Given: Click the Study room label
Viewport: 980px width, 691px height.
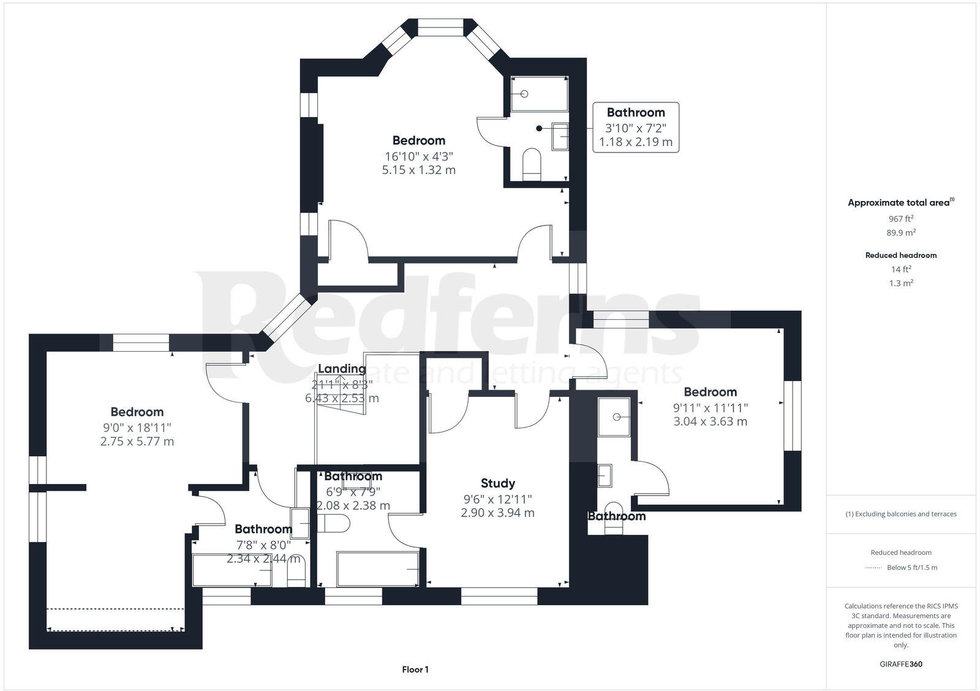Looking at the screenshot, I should click(x=497, y=483).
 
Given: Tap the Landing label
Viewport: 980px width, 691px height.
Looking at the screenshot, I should click(x=342, y=369).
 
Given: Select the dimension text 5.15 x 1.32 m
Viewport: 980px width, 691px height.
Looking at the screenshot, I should click(x=418, y=170).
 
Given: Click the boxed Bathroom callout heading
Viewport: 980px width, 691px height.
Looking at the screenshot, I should click(x=635, y=113).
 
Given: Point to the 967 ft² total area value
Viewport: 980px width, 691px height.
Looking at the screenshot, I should click(x=900, y=219).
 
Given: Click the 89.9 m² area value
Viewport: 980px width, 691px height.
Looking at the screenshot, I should click(x=900, y=233).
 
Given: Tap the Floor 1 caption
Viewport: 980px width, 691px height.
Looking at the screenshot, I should click(x=415, y=670).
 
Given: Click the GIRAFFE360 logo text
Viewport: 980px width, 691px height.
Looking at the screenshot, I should click(x=900, y=664).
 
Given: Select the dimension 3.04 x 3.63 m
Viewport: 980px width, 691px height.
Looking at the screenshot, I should click(x=710, y=421).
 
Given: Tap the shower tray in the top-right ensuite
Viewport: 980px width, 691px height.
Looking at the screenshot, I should click(x=538, y=94).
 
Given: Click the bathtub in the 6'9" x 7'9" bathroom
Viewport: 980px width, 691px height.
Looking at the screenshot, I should click(x=377, y=569).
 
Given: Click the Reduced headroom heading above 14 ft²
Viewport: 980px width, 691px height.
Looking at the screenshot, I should click(x=900, y=255).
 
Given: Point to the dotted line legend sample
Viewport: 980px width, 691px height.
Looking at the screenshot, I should click(x=872, y=568).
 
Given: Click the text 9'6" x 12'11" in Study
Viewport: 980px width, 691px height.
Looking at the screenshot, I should click(x=497, y=499).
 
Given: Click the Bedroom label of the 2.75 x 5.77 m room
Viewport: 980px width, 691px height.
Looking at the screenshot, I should click(x=137, y=412).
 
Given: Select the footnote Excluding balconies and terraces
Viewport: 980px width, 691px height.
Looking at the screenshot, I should click(x=900, y=514).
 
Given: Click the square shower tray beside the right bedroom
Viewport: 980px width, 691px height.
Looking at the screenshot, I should click(x=614, y=417).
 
